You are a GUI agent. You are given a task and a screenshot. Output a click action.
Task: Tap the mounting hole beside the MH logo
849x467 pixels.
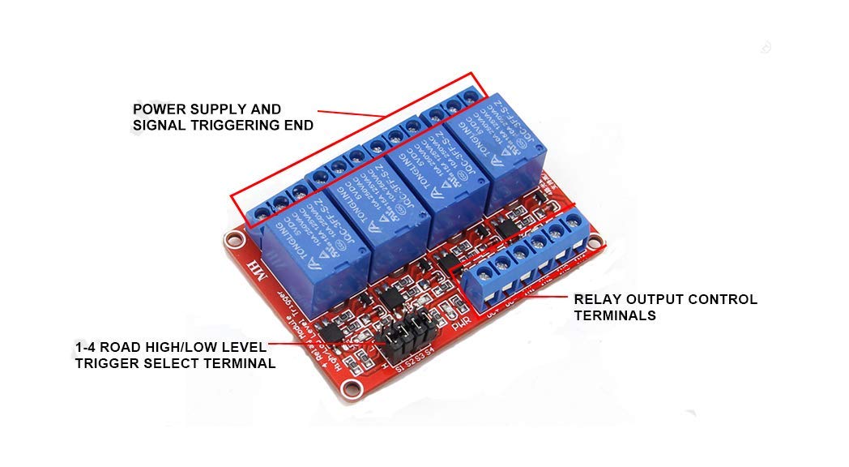click(x=234, y=240)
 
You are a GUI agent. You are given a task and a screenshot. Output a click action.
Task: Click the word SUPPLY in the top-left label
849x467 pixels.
click(x=250, y=109)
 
